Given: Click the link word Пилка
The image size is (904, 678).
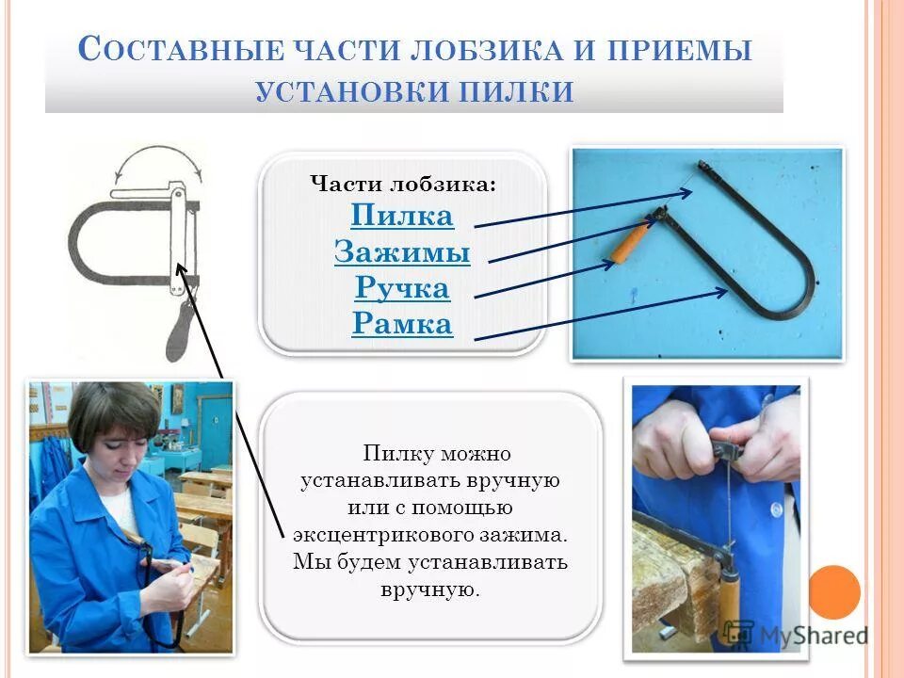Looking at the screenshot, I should pyautogui.click(x=402, y=217).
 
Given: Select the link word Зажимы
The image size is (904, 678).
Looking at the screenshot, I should pyautogui.click(x=402, y=252).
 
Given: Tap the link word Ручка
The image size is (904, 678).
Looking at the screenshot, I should pyautogui.click(x=402, y=288).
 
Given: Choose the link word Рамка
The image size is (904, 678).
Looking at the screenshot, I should pyautogui.click(x=402, y=324).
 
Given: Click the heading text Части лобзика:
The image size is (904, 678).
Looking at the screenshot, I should pyautogui.click(x=403, y=184).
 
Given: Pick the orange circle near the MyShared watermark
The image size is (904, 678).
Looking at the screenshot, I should pyautogui.click(x=834, y=591).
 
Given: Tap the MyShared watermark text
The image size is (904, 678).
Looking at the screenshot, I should pyautogui.click(x=812, y=635).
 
